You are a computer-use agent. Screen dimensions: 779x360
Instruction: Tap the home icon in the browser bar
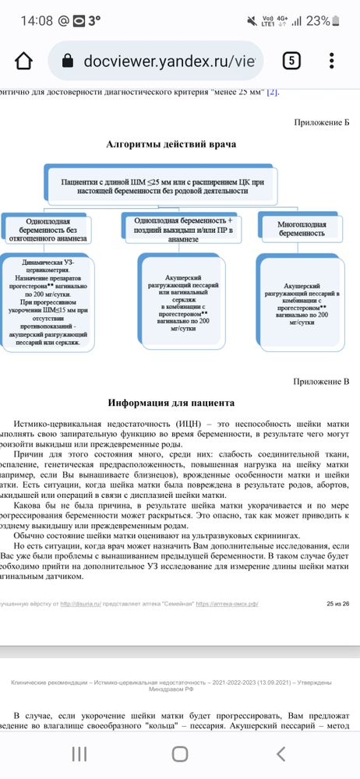click(x=24, y=61)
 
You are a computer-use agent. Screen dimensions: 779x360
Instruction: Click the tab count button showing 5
click(x=291, y=61)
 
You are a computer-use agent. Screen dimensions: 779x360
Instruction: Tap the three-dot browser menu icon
click(x=333, y=61)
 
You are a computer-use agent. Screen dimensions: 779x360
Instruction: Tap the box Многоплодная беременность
click(x=302, y=228)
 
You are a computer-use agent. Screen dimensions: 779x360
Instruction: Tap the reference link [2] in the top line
click(x=272, y=93)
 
